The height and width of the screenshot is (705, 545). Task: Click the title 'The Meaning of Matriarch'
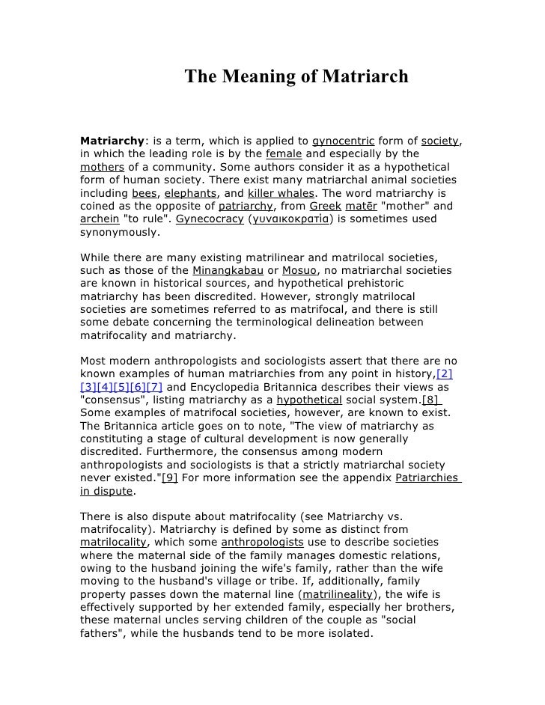pyautogui.click(x=296, y=76)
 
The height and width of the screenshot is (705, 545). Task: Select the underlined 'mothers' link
pyautogui.click(x=103, y=167)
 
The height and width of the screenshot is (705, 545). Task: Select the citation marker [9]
pyautogui.click(x=170, y=478)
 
